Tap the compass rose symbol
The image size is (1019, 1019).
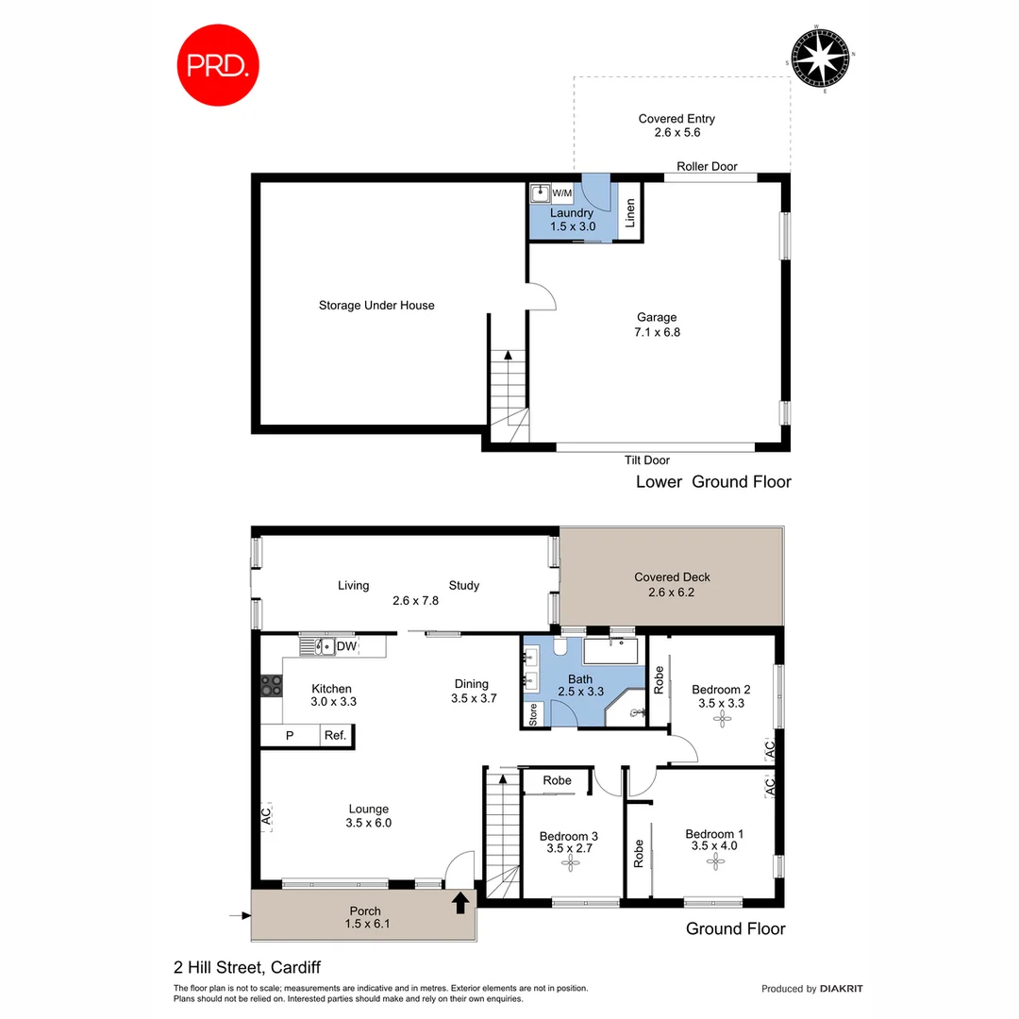click(820, 58)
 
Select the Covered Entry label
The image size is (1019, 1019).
click(677, 119)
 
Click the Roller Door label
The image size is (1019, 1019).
click(707, 167)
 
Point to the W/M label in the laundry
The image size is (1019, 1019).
click(562, 193)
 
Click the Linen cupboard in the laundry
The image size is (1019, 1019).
click(631, 214)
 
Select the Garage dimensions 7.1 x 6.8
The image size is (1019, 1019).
click(657, 332)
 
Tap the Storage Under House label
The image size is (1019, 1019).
click(376, 305)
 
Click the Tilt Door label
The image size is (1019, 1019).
click(647, 460)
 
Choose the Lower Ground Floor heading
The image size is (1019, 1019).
click(712, 482)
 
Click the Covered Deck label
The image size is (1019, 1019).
click(672, 577)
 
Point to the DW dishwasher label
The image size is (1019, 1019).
click(346, 646)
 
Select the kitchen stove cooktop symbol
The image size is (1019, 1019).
click(272, 686)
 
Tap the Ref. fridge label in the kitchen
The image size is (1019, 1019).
click(335, 736)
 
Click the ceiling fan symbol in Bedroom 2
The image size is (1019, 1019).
click(722, 718)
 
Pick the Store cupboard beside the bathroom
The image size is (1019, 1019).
click(532, 714)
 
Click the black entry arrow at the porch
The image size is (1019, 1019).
click(460, 903)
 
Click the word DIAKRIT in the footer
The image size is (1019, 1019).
click(842, 989)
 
